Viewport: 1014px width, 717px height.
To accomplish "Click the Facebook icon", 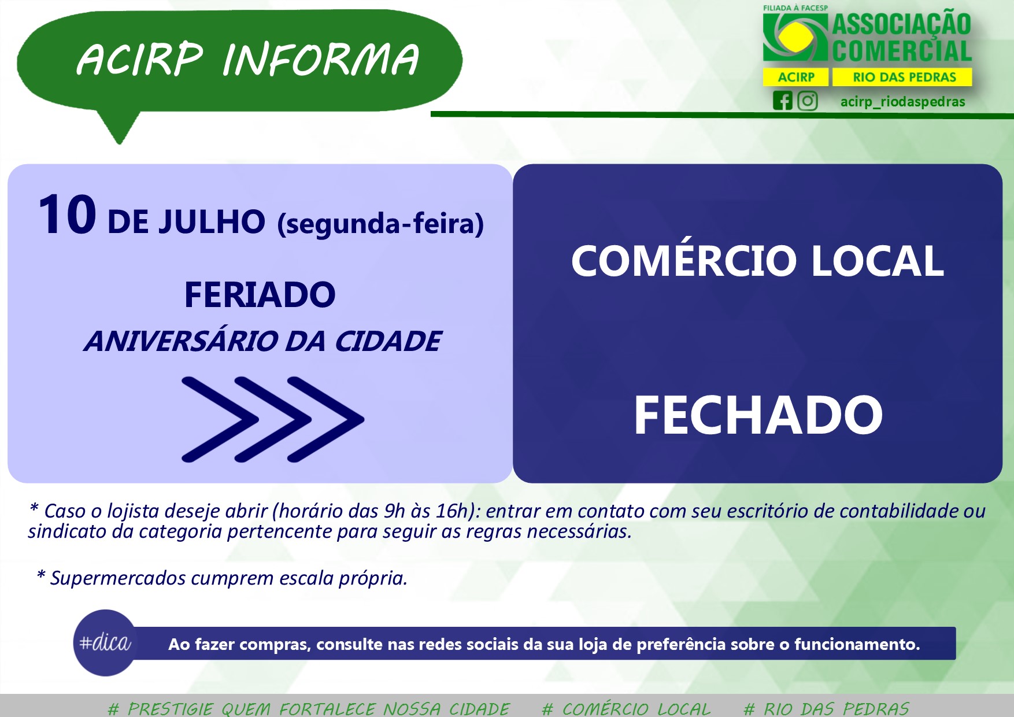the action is click(783, 101).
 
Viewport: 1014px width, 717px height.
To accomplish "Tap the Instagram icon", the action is click(808, 101).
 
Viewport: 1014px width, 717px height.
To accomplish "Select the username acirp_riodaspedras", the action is click(902, 102).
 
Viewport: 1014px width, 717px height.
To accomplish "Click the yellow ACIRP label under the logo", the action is click(796, 77).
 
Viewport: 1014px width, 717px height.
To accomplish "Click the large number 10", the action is click(67, 215).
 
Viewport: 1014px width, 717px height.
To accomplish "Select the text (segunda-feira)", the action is click(380, 224).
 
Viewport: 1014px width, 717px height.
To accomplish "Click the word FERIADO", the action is click(260, 295).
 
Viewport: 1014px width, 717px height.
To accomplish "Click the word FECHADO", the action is click(758, 415).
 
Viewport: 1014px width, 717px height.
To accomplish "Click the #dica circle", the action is click(105, 642).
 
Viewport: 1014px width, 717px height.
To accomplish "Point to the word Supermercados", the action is click(118, 578).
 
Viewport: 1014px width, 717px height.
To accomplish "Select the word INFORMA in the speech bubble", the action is click(320, 60).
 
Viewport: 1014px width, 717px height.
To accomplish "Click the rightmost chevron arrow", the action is click(327, 419).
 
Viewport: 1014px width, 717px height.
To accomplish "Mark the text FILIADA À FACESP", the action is click(795, 8).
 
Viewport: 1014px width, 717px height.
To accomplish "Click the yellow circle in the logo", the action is click(795, 36).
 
